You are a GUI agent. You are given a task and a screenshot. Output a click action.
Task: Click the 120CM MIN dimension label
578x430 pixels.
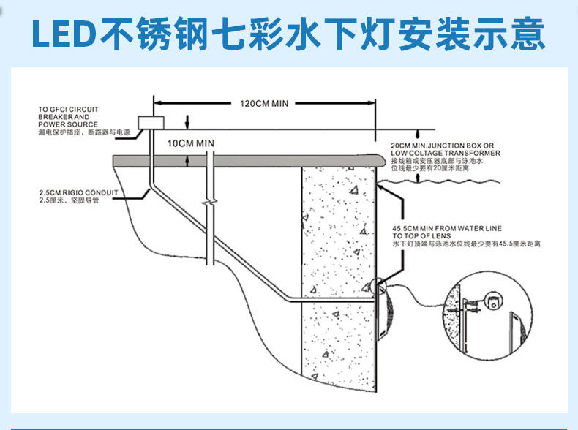[x=265, y=103]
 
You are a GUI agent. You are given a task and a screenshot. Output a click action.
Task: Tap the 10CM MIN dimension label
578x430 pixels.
[x=190, y=143]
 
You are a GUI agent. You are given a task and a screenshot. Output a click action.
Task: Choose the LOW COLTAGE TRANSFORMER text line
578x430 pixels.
[x=446, y=153]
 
